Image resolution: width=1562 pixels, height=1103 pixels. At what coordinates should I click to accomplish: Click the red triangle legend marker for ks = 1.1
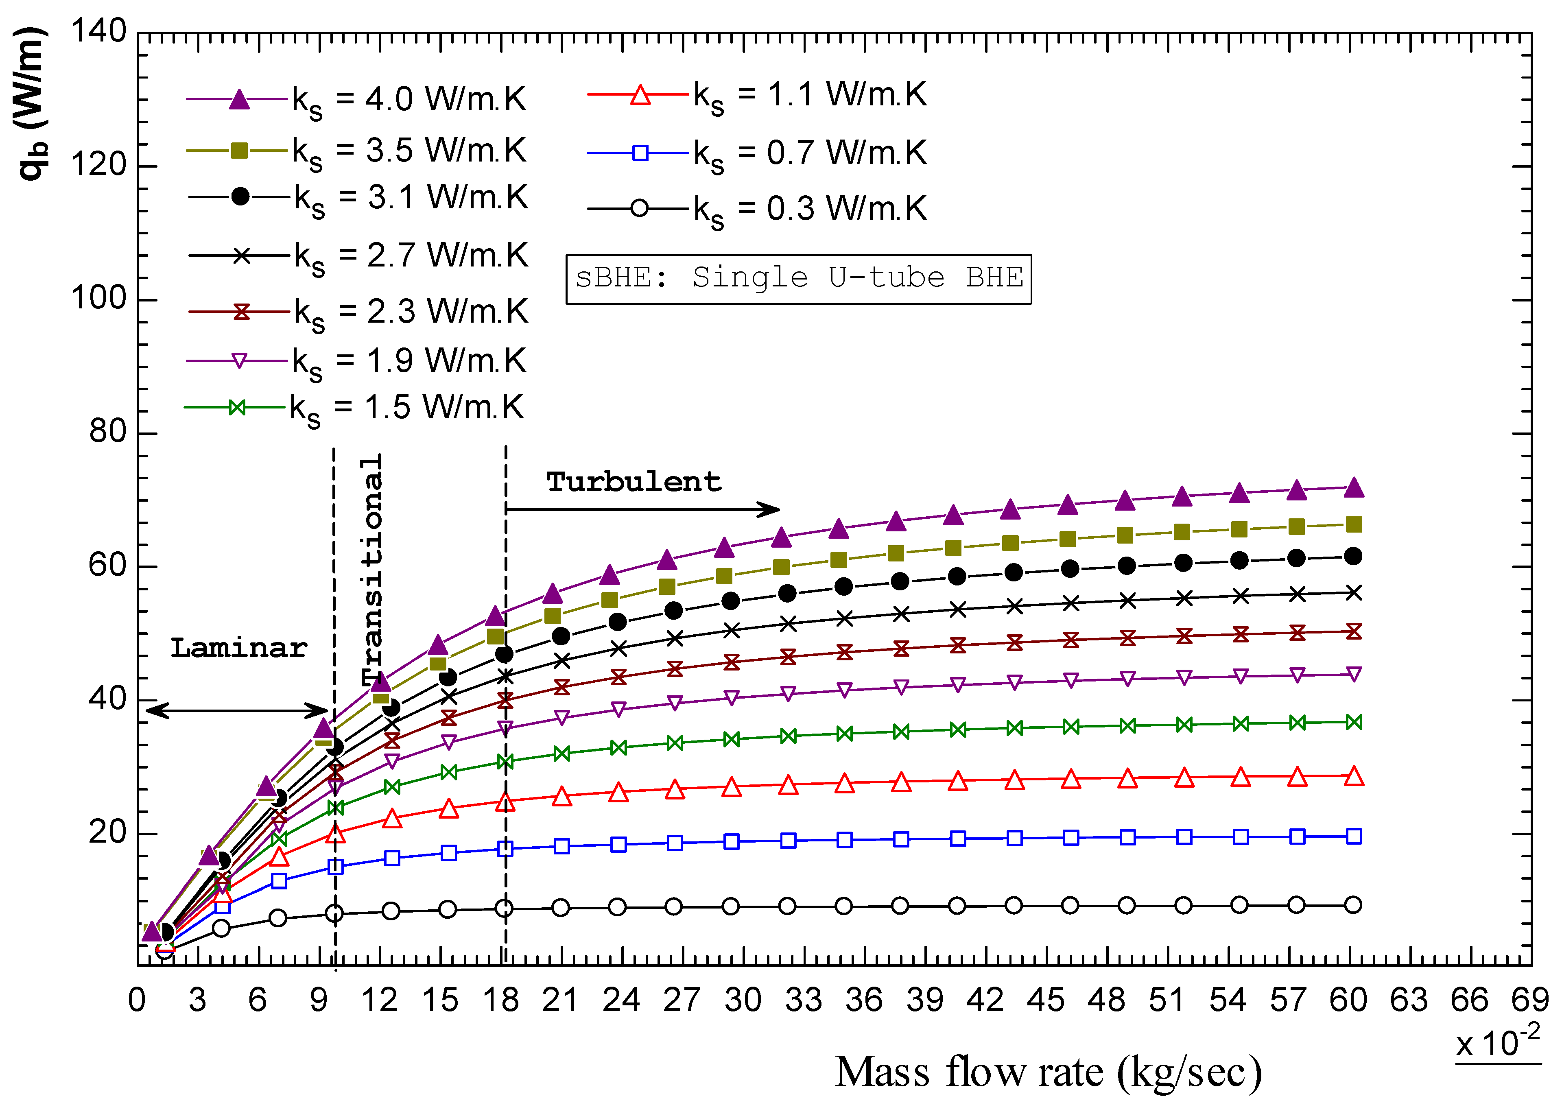point(640,94)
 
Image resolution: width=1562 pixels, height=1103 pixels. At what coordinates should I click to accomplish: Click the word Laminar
point(238,648)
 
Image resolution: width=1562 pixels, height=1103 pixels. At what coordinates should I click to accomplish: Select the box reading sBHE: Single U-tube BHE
point(799,278)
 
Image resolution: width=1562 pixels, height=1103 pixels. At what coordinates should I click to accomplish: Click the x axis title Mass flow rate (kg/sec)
point(1048,1072)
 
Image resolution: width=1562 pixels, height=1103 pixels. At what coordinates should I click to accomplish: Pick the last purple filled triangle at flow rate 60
point(1354,487)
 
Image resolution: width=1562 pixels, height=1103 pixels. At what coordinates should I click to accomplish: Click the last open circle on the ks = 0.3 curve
point(1353,904)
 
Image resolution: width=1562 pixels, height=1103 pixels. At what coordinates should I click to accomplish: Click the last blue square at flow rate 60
point(1354,836)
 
